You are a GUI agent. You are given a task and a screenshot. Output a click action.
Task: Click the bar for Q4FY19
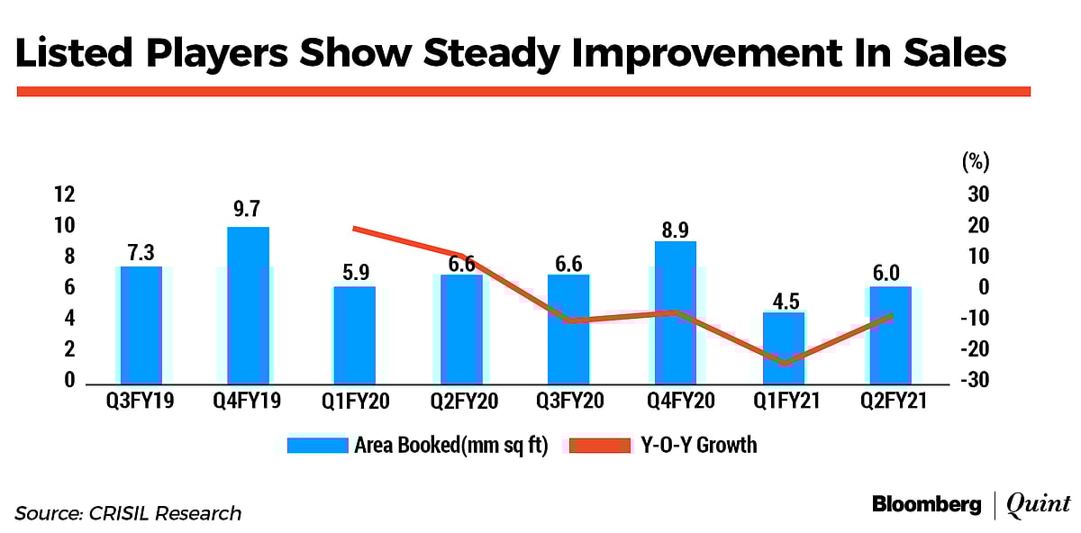point(248,306)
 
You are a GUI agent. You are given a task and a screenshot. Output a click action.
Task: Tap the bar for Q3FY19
point(141,325)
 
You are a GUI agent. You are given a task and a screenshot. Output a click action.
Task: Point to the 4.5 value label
point(782,299)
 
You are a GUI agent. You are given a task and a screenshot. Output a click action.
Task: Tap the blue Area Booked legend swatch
point(317,445)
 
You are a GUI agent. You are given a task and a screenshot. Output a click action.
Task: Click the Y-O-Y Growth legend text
point(700,445)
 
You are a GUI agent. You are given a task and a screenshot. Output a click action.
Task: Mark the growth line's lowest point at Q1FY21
point(783,364)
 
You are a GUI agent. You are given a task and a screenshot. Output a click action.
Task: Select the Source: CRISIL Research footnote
point(128,513)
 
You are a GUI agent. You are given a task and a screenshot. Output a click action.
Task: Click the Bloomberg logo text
point(926,505)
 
